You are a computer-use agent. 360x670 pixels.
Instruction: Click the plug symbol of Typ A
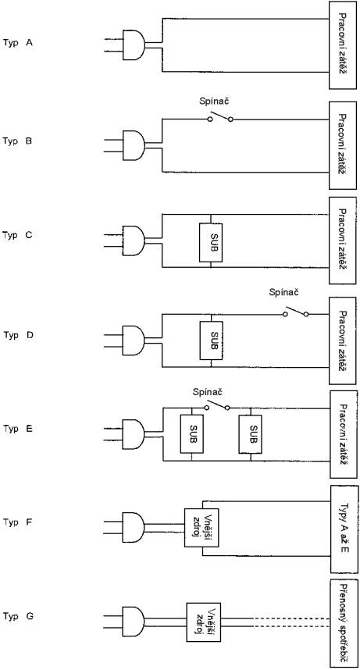134,45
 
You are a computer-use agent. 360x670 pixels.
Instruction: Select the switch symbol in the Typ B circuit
220,116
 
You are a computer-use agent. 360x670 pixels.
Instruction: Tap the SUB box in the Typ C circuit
210,242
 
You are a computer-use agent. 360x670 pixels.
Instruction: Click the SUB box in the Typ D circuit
211,340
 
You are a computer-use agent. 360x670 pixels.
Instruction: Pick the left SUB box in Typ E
191,434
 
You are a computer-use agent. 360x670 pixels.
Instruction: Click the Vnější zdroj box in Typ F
201,527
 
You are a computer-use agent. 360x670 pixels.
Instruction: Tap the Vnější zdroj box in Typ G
203,622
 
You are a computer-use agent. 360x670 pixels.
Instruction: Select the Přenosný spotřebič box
344,623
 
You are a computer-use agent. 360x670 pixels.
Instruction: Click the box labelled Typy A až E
344,529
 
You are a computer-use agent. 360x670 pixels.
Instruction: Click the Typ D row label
18,335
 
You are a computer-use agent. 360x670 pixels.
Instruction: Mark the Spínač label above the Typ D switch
283,293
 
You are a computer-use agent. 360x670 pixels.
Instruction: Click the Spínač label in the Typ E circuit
208,391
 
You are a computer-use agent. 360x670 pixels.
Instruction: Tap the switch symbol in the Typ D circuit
295,312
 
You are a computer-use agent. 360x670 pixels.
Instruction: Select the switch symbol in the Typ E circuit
217,405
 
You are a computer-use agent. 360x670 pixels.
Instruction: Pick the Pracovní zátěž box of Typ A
343,45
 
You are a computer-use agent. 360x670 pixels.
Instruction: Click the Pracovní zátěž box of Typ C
343,241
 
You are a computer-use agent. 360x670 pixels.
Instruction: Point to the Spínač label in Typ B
214,102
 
